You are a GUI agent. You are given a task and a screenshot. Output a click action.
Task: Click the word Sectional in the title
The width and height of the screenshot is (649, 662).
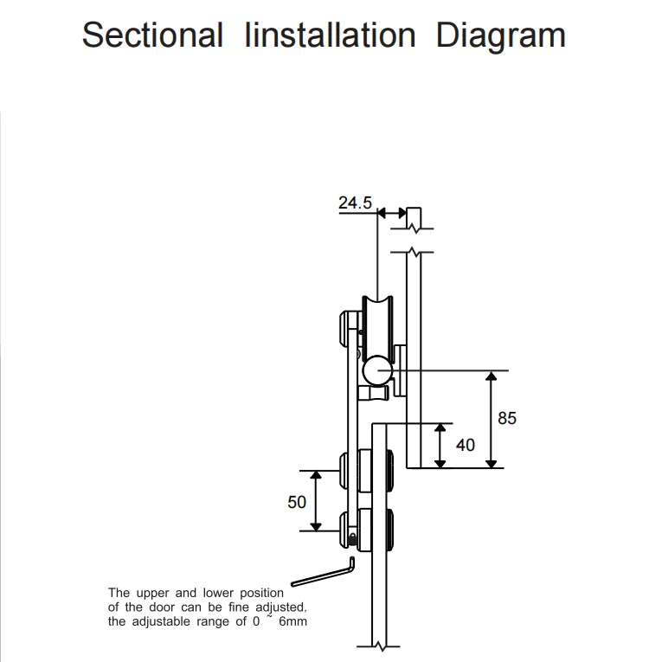(x=152, y=35)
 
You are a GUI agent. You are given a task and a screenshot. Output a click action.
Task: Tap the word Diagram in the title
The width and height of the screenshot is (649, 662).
(x=501, y=36)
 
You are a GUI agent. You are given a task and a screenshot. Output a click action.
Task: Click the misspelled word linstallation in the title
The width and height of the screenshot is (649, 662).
(x=331, y=35)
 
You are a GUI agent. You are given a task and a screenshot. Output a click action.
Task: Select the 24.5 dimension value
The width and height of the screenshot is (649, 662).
(x=355, y=202)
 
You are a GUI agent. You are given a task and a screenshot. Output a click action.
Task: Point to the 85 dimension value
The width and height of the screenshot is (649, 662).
(x=507, y=418)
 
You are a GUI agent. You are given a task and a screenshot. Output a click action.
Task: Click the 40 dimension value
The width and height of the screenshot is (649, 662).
(x=466, y=445)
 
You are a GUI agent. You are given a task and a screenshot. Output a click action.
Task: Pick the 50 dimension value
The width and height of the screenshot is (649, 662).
(x=297, y=502)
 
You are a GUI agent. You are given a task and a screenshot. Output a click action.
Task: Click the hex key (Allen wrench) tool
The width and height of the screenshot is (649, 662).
(x=323, y=573)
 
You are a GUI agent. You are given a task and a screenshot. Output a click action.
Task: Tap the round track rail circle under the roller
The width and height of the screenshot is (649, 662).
(x=377, y=370)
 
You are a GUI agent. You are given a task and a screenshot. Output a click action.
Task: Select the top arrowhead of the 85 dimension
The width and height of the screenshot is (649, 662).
(x=492, y=376)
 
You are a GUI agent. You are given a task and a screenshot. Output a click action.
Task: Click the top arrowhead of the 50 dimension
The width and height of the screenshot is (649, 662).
(x=316, y=476)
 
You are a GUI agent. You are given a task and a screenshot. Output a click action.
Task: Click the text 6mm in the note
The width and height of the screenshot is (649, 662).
(x=292, y=621)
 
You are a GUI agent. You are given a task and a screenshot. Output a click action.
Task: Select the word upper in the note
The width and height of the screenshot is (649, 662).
(x=152, y=594)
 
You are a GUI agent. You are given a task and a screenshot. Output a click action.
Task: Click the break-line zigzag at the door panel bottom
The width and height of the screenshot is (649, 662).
(x=380, y=646)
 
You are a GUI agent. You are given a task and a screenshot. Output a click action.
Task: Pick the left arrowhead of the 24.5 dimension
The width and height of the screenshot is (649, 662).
(x=382, y=213)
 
